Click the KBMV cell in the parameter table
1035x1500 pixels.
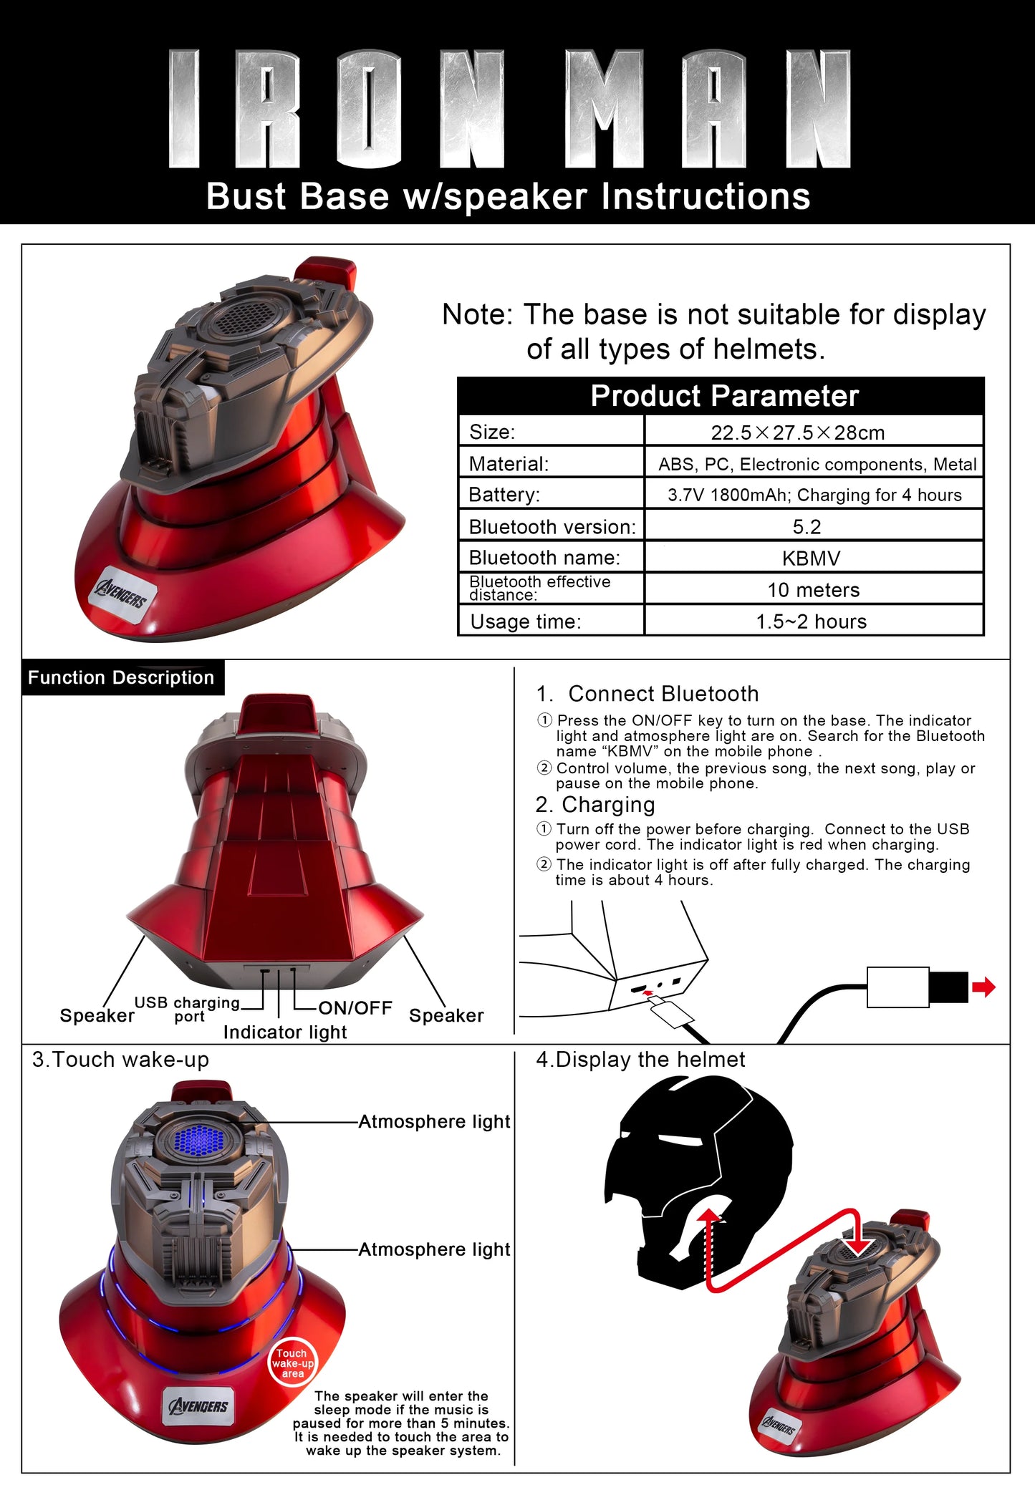[811, 558]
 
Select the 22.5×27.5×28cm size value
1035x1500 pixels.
[797, 432]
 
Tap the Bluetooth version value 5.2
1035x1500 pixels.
[807, 527]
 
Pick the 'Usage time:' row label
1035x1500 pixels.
[526, 621]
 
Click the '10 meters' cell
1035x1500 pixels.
[813, 590]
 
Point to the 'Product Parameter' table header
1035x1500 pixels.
[723, 396]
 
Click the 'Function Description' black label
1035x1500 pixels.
[121, 677]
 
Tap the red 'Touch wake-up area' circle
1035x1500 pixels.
[292, 1363]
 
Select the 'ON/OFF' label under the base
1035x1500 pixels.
[355, 1008]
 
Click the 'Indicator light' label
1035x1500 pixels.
[285, 1032]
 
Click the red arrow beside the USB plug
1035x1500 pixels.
[983, 987]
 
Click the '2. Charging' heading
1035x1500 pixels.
[595, 805]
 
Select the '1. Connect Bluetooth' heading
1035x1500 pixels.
[648, 694]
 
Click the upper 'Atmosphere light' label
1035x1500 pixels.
[434, 1122]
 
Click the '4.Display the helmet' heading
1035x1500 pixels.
[640, 1060]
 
